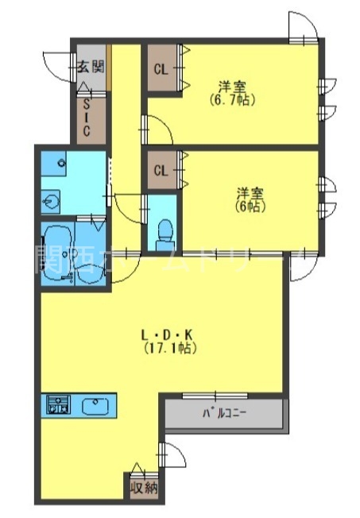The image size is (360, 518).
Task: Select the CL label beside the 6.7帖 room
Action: pyautogui.click(x=161, y=68)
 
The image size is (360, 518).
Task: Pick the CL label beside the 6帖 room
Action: pyautogui.click(x=161, y=170)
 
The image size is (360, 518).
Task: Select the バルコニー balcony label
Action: pyautogui.click(x=224, y=413)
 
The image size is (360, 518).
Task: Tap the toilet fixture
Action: pyautogui.click(x=165, y=229)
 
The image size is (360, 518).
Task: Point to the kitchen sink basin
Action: pyautogui.click(x=95, y=405)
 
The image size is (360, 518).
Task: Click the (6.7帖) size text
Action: pyautogui.click(x=231, y=100)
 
